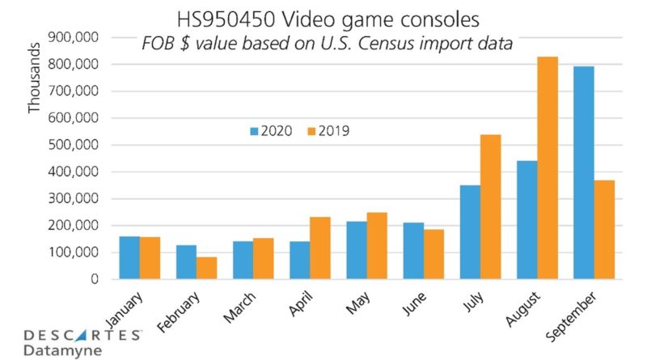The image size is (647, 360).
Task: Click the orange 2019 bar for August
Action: pos(548,168)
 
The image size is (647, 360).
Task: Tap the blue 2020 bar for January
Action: pos(129,258)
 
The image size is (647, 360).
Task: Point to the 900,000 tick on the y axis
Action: pos(75,37)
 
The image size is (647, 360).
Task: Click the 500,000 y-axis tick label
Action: pos(75,145)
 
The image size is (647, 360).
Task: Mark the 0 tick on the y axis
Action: pos(95,280)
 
